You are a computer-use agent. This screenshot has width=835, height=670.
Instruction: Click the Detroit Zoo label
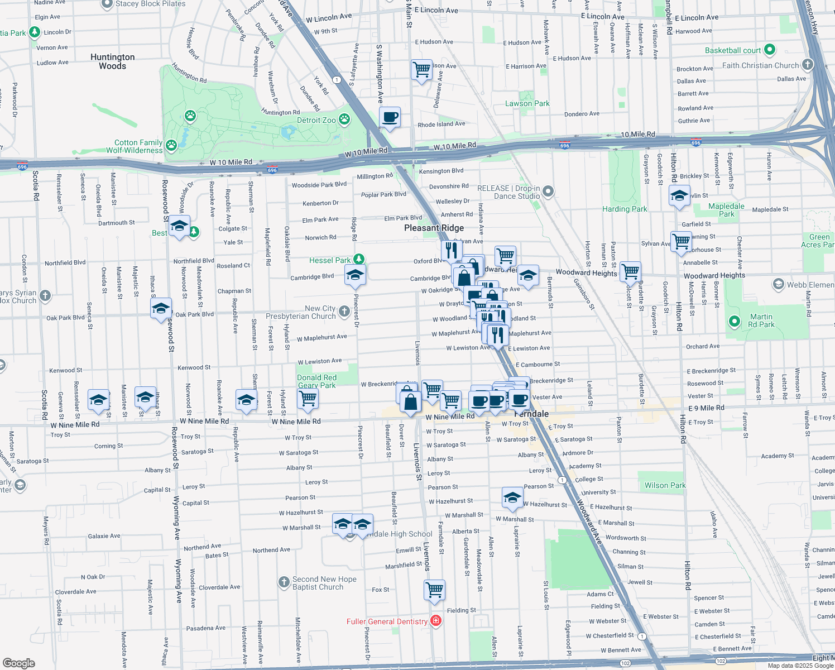[x=316, y=120]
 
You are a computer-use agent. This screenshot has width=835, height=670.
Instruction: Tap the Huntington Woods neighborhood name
[x=112, y=61]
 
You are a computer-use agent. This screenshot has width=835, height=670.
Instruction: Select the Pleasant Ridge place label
[x=434, y=228]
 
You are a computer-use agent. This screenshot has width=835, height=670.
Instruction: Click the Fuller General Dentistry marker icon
[x=436, y=621]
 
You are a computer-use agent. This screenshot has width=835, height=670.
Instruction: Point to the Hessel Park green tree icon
[x=359, y=260]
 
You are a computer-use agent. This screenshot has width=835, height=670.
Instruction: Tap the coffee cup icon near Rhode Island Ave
[x=390, y=117]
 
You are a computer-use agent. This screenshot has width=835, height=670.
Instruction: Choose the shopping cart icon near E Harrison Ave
[x=421, y=70]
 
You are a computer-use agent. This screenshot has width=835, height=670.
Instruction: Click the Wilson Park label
[x=665, y=485]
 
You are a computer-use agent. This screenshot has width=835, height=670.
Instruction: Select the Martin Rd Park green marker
[x=735, y=321]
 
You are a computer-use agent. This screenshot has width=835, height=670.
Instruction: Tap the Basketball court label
[x=732, y=50]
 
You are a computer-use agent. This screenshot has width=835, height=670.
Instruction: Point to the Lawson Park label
[x=527, y=103]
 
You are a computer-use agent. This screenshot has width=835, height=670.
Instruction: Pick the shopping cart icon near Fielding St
[x=434, y=590]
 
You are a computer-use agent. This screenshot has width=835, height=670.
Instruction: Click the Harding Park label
[x=625, y=209]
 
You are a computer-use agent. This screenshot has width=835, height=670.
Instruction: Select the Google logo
[x=19, y=663]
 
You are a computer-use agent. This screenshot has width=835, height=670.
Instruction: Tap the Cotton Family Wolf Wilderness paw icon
[x=171, y=146]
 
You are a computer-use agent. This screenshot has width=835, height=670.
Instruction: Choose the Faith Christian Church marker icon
[x=808, y=65]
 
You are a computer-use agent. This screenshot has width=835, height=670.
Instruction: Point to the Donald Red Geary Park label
[x=316, y=381]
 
